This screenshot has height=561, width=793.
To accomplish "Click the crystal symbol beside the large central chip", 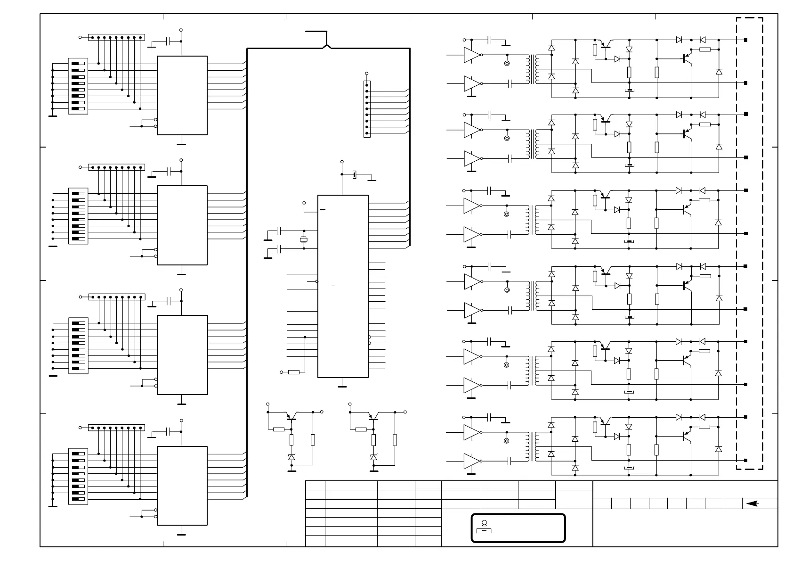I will click(x=304, y=240).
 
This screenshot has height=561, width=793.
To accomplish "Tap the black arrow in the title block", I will click(x=753, y=503).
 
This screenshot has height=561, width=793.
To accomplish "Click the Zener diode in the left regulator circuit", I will click(x=291, y=457).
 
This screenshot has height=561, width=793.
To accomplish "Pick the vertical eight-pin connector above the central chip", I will click(x=367, y=109).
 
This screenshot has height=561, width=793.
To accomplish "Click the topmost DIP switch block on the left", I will click(x=78, y=86).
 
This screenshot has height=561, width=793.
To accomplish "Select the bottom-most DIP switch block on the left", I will click(x=78, y=476).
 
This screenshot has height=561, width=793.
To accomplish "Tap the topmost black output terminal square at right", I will click(x=746, y=40).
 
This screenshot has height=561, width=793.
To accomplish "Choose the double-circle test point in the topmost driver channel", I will click(x=507, y=63).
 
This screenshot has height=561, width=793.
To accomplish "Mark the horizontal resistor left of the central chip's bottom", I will click(x=294, y=372).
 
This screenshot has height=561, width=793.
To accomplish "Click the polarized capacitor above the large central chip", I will click(x=354, y=175).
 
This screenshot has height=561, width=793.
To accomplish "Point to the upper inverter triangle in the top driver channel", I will click(x=471, y=55).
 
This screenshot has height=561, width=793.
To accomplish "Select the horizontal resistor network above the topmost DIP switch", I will click(x=116, y=37).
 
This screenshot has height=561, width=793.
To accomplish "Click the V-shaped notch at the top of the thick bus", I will click(x=327, y=46).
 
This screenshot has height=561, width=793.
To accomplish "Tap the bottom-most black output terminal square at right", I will click(x=746, y=460).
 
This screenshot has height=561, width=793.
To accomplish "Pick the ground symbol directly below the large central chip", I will click(x=342, y=386).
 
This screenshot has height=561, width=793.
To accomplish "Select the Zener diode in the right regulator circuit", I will click(x=374, y=457).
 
